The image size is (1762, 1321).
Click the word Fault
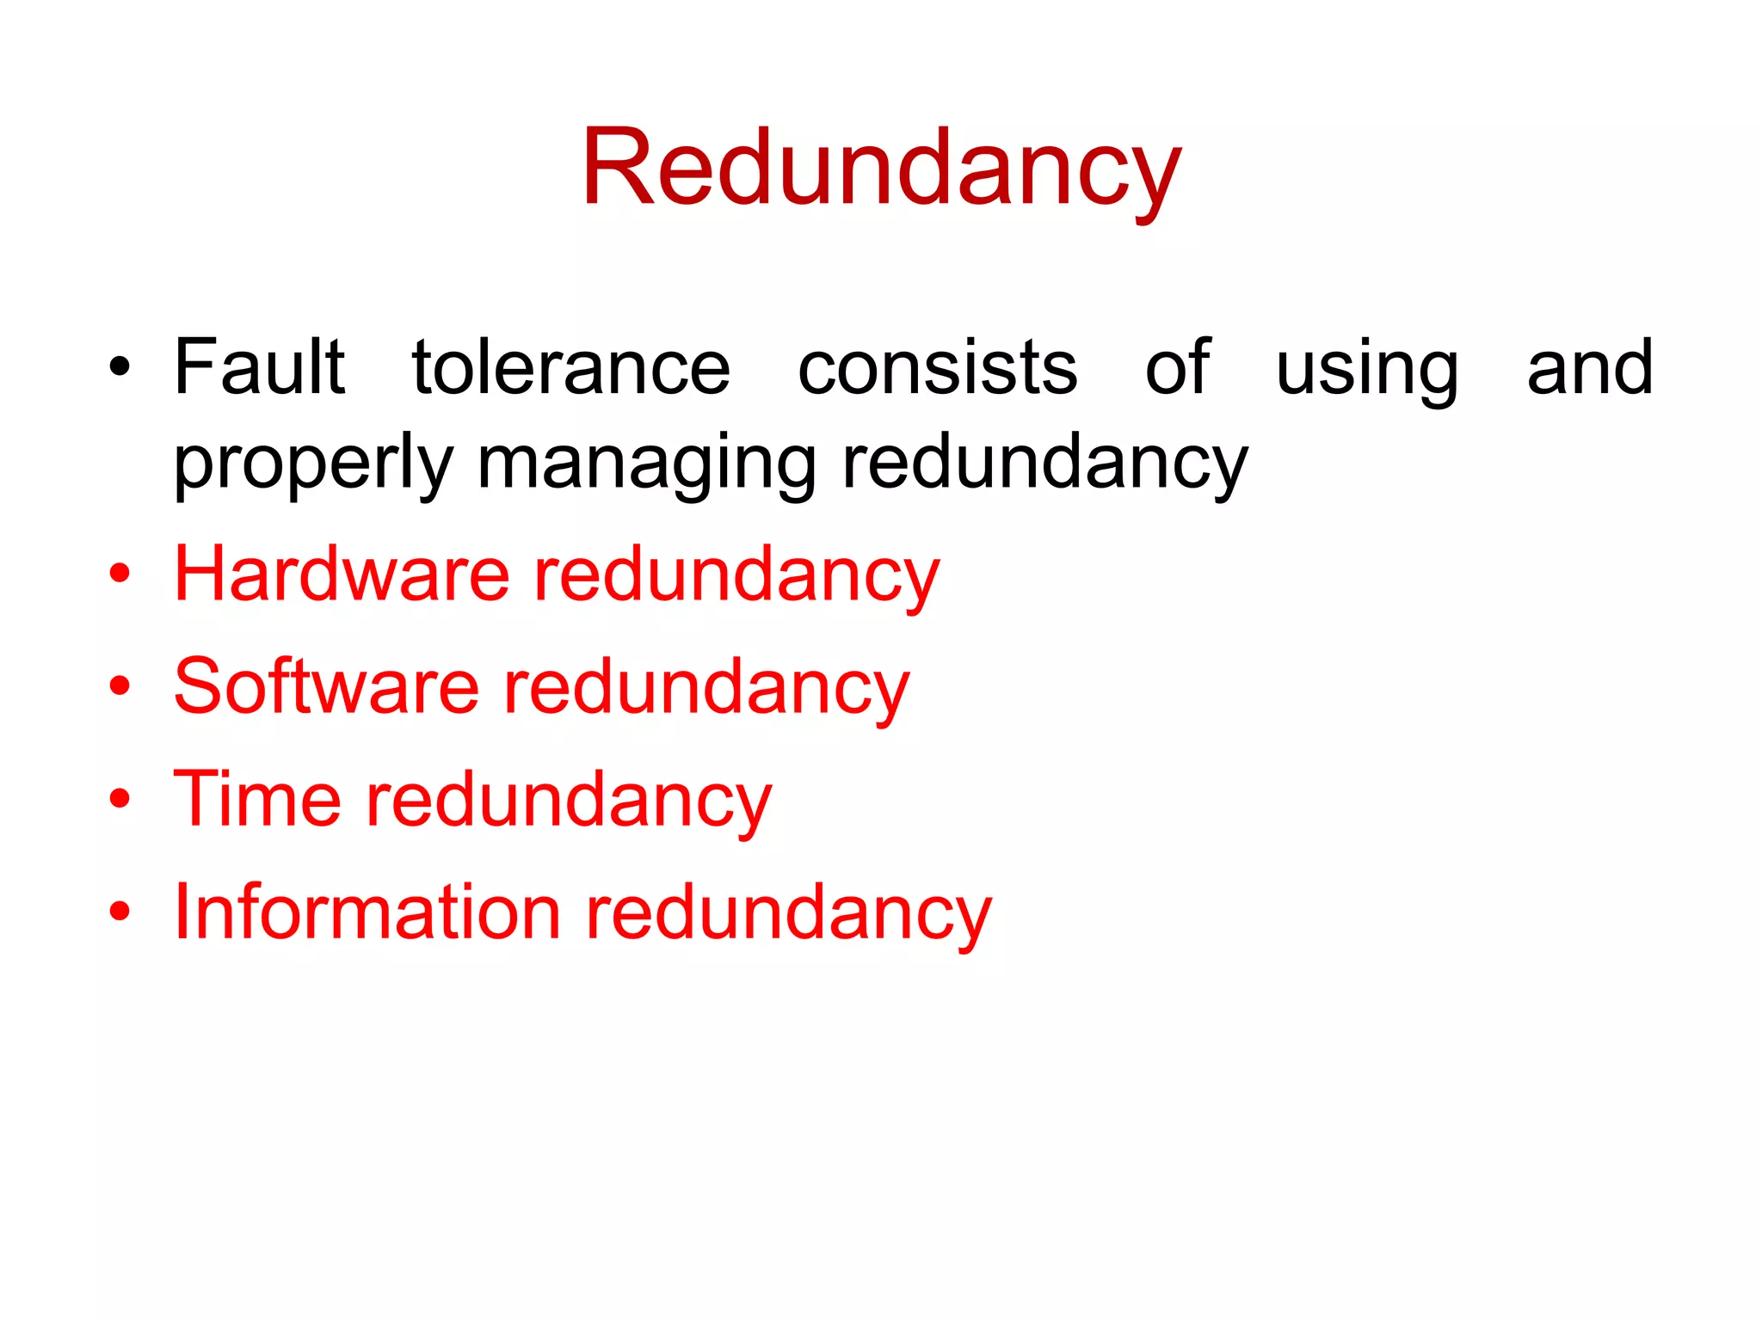[x=259, y=367]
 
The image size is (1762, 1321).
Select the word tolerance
[x=571, y=367]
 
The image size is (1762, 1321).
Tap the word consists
[x=938, y=367]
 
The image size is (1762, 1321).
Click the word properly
[x=313, y=464]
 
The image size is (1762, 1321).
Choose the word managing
[x=646, y=464]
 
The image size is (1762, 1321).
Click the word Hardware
[x=342, y=574]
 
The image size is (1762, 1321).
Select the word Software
[x=326, y=686]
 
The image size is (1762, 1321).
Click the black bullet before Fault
[x=120, y=369]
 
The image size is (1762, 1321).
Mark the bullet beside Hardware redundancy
[x=120, y=574]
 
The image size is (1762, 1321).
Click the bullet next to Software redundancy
[x=120, y=687]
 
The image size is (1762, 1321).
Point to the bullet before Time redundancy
[x=120, y=800]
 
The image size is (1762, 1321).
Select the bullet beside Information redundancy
[x=120, y=912]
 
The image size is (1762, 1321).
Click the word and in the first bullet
[x=1590, y=367]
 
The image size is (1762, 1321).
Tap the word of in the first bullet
[x=1177, y=367]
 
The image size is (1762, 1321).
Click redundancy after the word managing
[x=1044, y=464]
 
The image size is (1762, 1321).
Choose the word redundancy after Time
[x=570, y=801]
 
